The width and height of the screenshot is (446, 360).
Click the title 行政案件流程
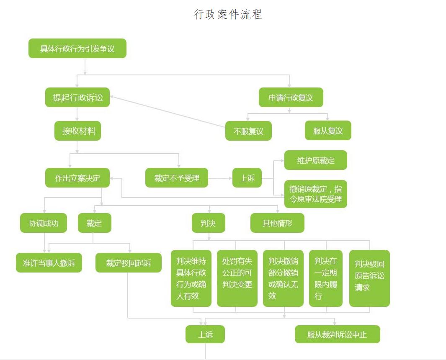[x=228, y=14]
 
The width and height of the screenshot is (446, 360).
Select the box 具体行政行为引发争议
[x=77, y=49]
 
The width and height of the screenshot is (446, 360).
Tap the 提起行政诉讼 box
[x=77, y=98]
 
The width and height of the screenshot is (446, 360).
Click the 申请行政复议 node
[x=291, y=98]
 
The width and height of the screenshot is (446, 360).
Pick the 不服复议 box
[x=248, y=131]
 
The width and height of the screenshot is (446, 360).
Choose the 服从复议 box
[x=327, y=131]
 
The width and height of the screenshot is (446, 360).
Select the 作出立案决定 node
[x=77, y=178]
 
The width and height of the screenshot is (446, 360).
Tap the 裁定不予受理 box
[x=176, y=178]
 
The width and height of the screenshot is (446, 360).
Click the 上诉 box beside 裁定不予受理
[x=247, y=178]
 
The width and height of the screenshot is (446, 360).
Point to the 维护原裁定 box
[x=315, y=160]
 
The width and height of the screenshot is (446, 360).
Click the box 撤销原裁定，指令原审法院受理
[x=315, y=194]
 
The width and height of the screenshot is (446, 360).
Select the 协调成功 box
[x=44, y=223]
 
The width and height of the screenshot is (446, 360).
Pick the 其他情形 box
[x=277, y=223]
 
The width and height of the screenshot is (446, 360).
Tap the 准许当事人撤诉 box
[x=49, y=263]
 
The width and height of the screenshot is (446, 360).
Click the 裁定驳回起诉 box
[x=128, y=263]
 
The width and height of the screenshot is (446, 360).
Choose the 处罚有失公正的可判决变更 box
[x=237, y=278]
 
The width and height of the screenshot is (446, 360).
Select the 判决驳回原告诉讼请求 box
[x=369, y=278]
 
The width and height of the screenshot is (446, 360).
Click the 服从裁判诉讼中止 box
[x=337, y=334]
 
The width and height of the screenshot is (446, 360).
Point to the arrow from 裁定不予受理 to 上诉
[x=220, y=178]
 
